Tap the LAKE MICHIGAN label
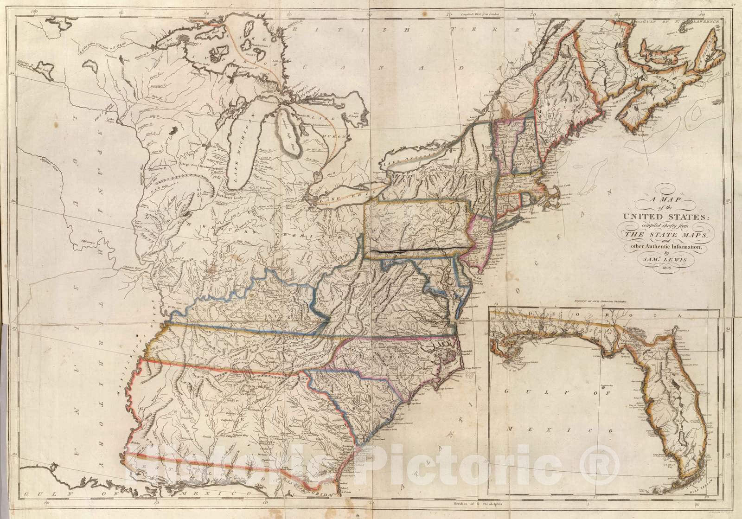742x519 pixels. point(245,139)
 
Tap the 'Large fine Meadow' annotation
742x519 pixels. point(197,165)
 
